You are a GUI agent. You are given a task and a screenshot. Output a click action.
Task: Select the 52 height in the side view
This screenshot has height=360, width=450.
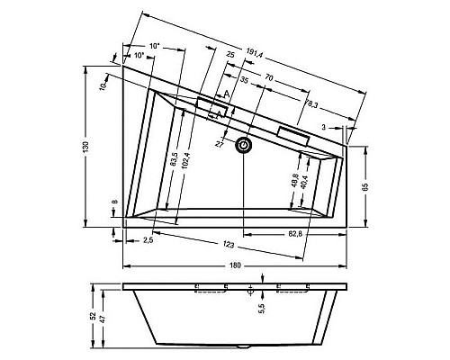coord(94,319)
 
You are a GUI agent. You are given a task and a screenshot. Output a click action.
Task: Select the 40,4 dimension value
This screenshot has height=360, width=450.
coord(307,181)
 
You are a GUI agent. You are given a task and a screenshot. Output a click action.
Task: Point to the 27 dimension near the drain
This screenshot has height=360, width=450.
coord(219,143)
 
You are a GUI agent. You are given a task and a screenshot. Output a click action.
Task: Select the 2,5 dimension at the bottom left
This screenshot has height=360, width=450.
coord(148,239)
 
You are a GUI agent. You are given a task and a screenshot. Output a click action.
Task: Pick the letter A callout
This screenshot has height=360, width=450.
coord(228,93)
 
